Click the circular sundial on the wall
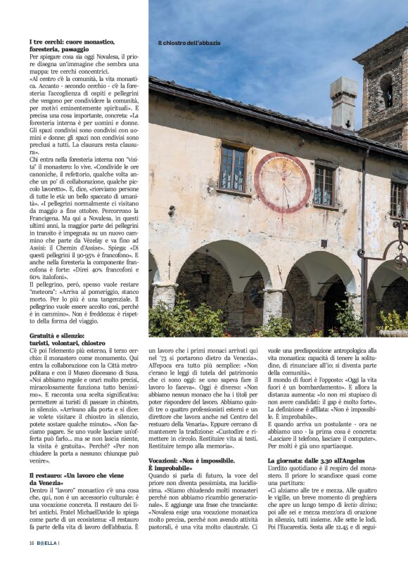tap(282, 182)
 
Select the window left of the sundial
tap(232, 168)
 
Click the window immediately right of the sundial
tap(324, 185)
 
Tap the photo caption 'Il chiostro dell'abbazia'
tap(189, 42)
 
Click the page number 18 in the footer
tap(32, 543)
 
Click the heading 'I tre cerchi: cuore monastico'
tap(69, 42)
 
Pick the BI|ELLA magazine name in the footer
tap(49, 543)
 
